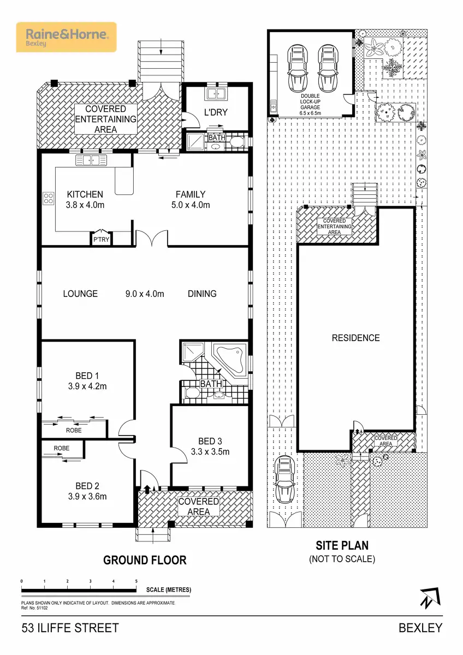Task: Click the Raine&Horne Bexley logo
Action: (66, 37)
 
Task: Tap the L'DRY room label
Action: (216, 113)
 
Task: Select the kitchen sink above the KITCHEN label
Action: (91, 160)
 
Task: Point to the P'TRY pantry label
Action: (101, 239)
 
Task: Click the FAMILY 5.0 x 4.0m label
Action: (191, 199)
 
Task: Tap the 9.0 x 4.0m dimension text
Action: (145, 294)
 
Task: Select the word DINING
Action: (202, 294)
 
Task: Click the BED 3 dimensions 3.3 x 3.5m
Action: (210, 451)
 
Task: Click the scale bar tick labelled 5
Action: (136, 582)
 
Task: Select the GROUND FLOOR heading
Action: (145, 560)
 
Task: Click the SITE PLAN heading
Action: (342, 545)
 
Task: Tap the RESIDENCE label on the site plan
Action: (355, 338)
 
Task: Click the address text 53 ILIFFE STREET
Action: (70, 628)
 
